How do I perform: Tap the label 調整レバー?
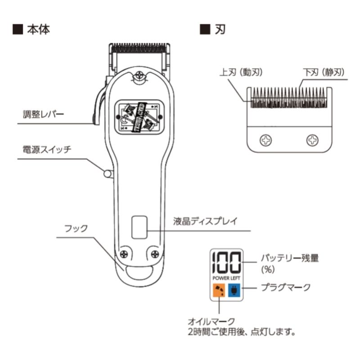pyautogui.click(x=43, y=114)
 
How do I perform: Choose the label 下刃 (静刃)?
pyautogui.click(x=324, y=72)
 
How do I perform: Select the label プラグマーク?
pyautogui.click(x=286, y=286)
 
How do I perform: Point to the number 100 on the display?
pyautogui.click(x=226, y=262)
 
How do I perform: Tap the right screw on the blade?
pyautogui.click(x=312, y=140)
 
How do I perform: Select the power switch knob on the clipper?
pyautogui.click(x=108, y=173)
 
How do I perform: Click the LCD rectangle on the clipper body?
pyautogui.click(x=139, y=227)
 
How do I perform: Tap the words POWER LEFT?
pyautogui.click(x=226, y=278)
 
